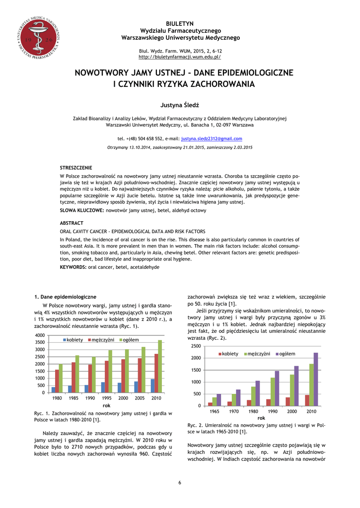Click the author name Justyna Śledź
click(180, 106)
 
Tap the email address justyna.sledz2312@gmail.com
click(212, 139)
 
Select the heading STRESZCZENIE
click(76, 168)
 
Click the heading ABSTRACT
click(72, 223)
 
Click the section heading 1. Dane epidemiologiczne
click(65, 297)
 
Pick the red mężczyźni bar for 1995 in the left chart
click(106, 377)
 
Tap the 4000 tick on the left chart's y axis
click(39, 335)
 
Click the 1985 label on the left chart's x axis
click(73, 398)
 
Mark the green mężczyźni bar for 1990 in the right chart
click(273, 392)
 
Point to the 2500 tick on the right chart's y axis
click(196, 346)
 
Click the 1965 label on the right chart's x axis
click(215, 412)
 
